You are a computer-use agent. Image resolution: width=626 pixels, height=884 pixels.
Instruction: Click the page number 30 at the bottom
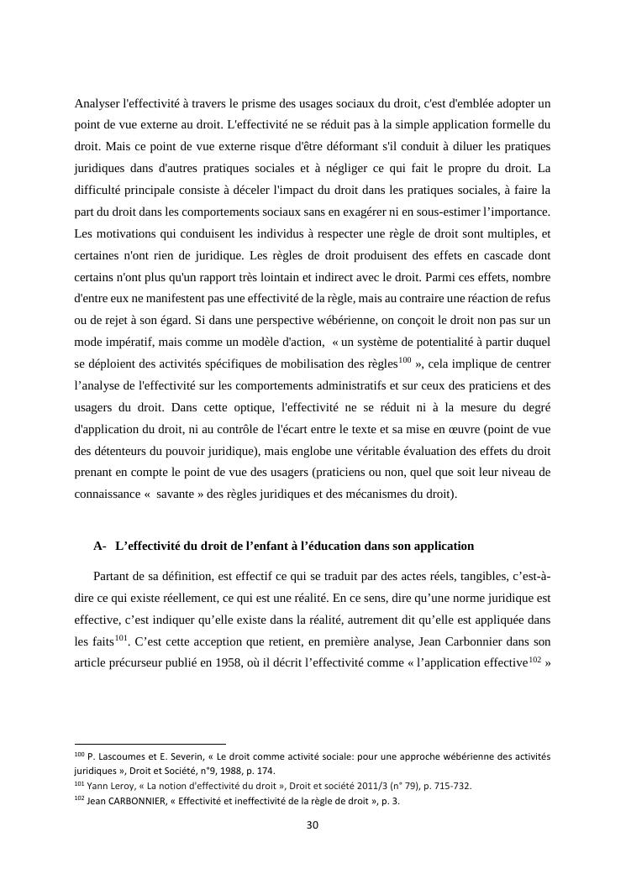(313, 825)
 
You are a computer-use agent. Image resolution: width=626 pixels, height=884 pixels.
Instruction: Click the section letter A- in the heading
(100, 546)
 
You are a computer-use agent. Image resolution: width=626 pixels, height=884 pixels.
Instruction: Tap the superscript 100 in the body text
(404, 360)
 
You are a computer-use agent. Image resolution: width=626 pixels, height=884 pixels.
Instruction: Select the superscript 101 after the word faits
(120, 638)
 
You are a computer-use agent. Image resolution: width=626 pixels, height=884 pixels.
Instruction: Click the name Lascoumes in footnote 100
(125, 756)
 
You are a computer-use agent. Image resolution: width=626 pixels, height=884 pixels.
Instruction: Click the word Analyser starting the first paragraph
(97, 103)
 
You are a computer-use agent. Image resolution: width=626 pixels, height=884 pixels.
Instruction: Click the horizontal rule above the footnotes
(150, 744)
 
